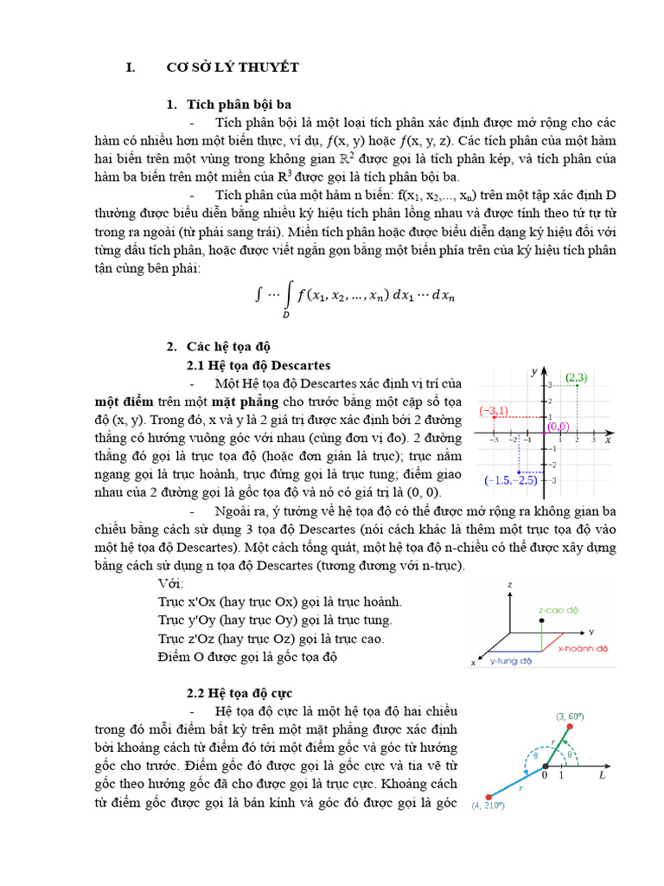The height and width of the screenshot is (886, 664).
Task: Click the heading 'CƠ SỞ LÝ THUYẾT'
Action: point(233,67)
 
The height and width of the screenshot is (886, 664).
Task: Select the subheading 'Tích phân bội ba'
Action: point(239,104)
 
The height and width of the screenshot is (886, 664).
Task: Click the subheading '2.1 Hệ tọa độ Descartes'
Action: point(259,364)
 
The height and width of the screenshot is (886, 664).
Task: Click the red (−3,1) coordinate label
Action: point(495,410)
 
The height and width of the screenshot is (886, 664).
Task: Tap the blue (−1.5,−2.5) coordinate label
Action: point(511,479)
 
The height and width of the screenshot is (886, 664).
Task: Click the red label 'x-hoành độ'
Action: point(584,646)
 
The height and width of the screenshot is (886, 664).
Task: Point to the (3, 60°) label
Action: point(572,716)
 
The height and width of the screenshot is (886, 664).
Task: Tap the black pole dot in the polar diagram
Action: point(545,767)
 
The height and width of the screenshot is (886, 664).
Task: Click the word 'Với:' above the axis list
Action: point(171,584)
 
